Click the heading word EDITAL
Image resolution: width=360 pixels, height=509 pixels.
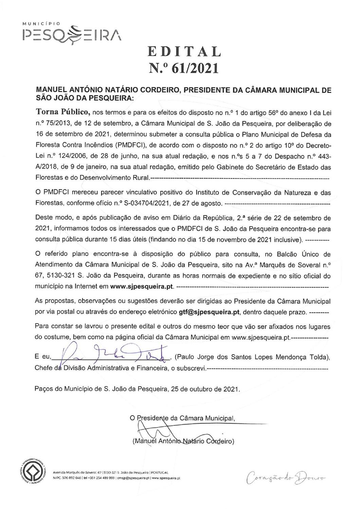pos(184,51)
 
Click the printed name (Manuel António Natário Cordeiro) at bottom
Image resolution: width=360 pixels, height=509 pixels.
pos(182,441)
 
